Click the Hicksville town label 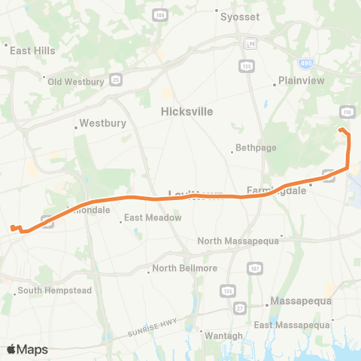[187, 111]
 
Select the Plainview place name [300, 80]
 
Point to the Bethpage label [251, 147]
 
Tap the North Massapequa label [238, 241]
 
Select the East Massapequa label [293, 325]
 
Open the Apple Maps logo [27, 349]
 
